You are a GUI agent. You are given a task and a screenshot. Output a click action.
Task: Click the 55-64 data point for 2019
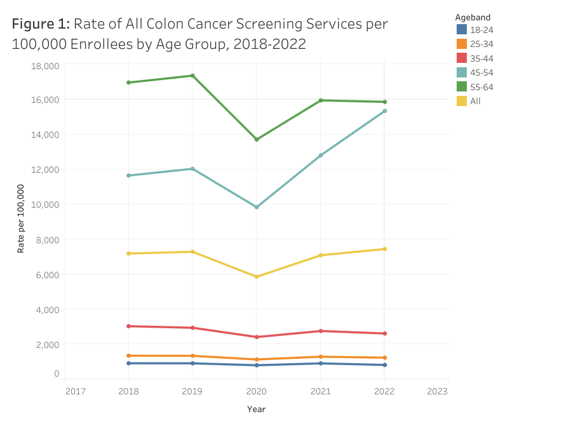tap(192, 76)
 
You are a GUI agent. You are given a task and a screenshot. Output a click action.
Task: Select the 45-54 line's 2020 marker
tap(257, 207)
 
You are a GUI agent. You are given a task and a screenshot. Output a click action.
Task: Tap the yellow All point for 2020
tap(257, 277)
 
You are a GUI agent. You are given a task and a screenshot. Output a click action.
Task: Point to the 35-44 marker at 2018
tap(128, 326)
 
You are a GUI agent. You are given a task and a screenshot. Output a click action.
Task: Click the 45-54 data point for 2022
tap(385, 110)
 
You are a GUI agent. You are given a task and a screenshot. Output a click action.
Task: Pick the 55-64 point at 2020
tap(257, 139)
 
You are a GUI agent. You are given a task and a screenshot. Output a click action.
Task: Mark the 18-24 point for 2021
tap(321, 363)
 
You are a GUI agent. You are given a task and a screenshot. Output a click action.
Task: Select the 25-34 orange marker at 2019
tap(192, 356)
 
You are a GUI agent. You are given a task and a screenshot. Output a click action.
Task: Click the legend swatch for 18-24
tap(462, 29)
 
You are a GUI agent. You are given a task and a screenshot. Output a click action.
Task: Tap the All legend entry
tap(475, 100)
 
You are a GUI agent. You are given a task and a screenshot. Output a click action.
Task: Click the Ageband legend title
tap(473, 17)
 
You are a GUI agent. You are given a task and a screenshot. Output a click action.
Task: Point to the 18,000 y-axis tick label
tap(45, 66)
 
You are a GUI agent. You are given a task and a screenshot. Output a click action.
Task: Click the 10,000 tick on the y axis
tap(45, 204)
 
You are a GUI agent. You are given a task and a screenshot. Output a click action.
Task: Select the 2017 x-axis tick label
tap(76, 391)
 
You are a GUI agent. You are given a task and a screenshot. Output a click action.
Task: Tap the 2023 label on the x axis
tap(437, 391)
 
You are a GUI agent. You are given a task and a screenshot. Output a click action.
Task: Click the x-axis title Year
tap(257, 410)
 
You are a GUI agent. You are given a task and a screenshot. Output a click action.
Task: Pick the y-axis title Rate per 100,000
tap(21, 218)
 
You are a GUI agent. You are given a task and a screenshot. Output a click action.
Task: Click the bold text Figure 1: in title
tap(40, 24)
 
